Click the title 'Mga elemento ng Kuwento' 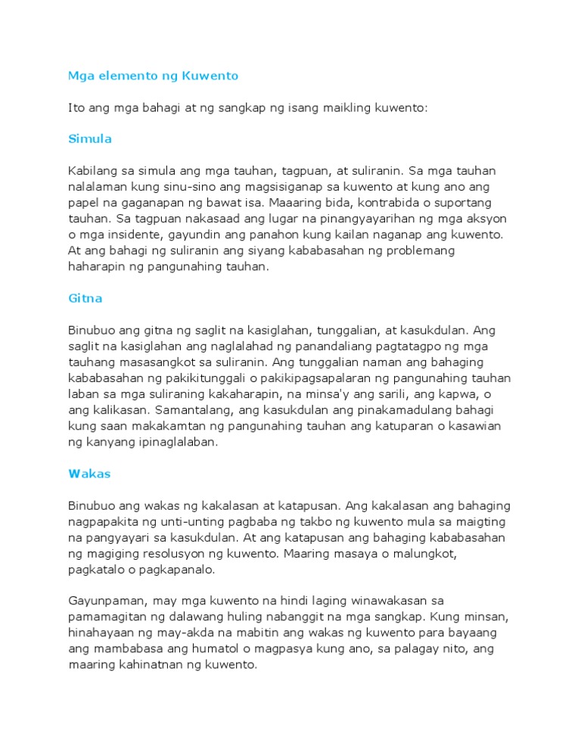[153, 76]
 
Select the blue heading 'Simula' [89, 138]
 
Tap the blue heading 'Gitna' [85, 298]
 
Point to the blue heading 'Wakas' [89, 474]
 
